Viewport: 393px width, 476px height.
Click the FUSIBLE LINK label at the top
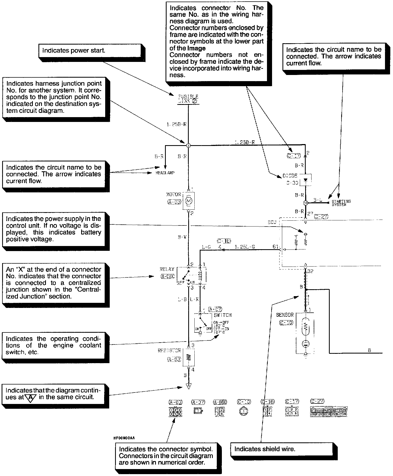tap(188, 99)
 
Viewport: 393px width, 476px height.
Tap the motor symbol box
tap(189, 200)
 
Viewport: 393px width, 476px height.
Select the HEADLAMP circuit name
tap(165, 173)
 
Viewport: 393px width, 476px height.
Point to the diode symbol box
tap(306, 180)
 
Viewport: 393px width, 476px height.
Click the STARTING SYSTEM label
tap(341, 203)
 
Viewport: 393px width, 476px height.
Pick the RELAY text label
tap(167, 269)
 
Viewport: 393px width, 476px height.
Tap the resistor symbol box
tap(189, 357)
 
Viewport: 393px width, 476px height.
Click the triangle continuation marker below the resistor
tap(189, 386)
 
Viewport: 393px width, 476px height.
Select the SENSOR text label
tap(285, 315)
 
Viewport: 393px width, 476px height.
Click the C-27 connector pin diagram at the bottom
tap(329, 412)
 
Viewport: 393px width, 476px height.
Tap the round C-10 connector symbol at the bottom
tap(243, 411)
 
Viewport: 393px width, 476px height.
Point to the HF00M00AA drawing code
tap(124, 438)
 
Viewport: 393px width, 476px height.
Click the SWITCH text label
tap(223, 315)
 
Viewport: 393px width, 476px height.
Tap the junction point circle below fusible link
tap(188, 145)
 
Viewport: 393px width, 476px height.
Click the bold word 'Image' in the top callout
tap(196, 48)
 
